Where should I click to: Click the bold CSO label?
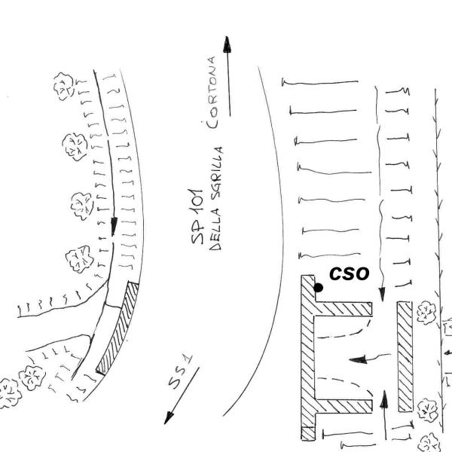coord(349,273)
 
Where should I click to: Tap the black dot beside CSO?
coord(318,288)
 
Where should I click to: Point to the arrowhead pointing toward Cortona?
coord(228,44)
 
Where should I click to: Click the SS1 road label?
coord(181,372)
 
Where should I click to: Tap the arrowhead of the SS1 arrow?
coord(169,417)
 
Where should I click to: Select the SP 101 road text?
coord(197,216)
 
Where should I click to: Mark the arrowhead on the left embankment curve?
coord(114,227)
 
